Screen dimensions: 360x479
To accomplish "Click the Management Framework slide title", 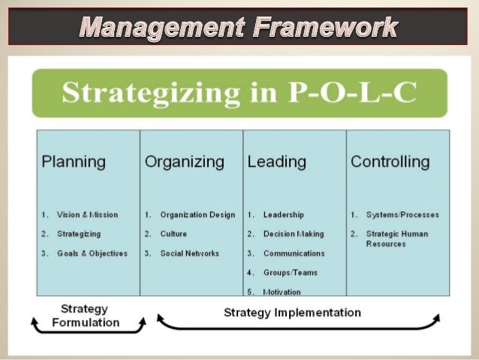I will (x=239, y=28).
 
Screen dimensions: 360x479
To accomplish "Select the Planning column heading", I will (x=74, y=162).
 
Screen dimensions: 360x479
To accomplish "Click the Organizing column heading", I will (x=184, y=162).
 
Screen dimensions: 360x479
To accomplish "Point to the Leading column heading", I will (x=276, y=162).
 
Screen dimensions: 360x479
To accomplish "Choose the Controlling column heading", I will (x=390, y=162).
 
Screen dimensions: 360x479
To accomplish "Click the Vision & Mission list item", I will (x=87, y=215).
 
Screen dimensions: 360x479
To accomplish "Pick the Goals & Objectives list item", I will (x=92, y=253).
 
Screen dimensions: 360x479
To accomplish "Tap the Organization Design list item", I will (x=197, y=215).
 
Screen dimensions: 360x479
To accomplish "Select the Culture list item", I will (x=173, y=234).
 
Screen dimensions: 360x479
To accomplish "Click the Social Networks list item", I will (x=190, y=253).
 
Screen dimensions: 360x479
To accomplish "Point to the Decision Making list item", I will (x=294, y=234).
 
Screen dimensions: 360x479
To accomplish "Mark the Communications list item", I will (x=294, y=253).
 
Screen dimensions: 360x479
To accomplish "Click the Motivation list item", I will (x=282, y=291).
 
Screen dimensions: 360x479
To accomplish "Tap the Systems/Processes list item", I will (x=402, y=215).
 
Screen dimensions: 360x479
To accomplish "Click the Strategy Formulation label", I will (x=86, y=316).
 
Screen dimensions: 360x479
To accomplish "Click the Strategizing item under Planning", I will (x=79, y=234).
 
